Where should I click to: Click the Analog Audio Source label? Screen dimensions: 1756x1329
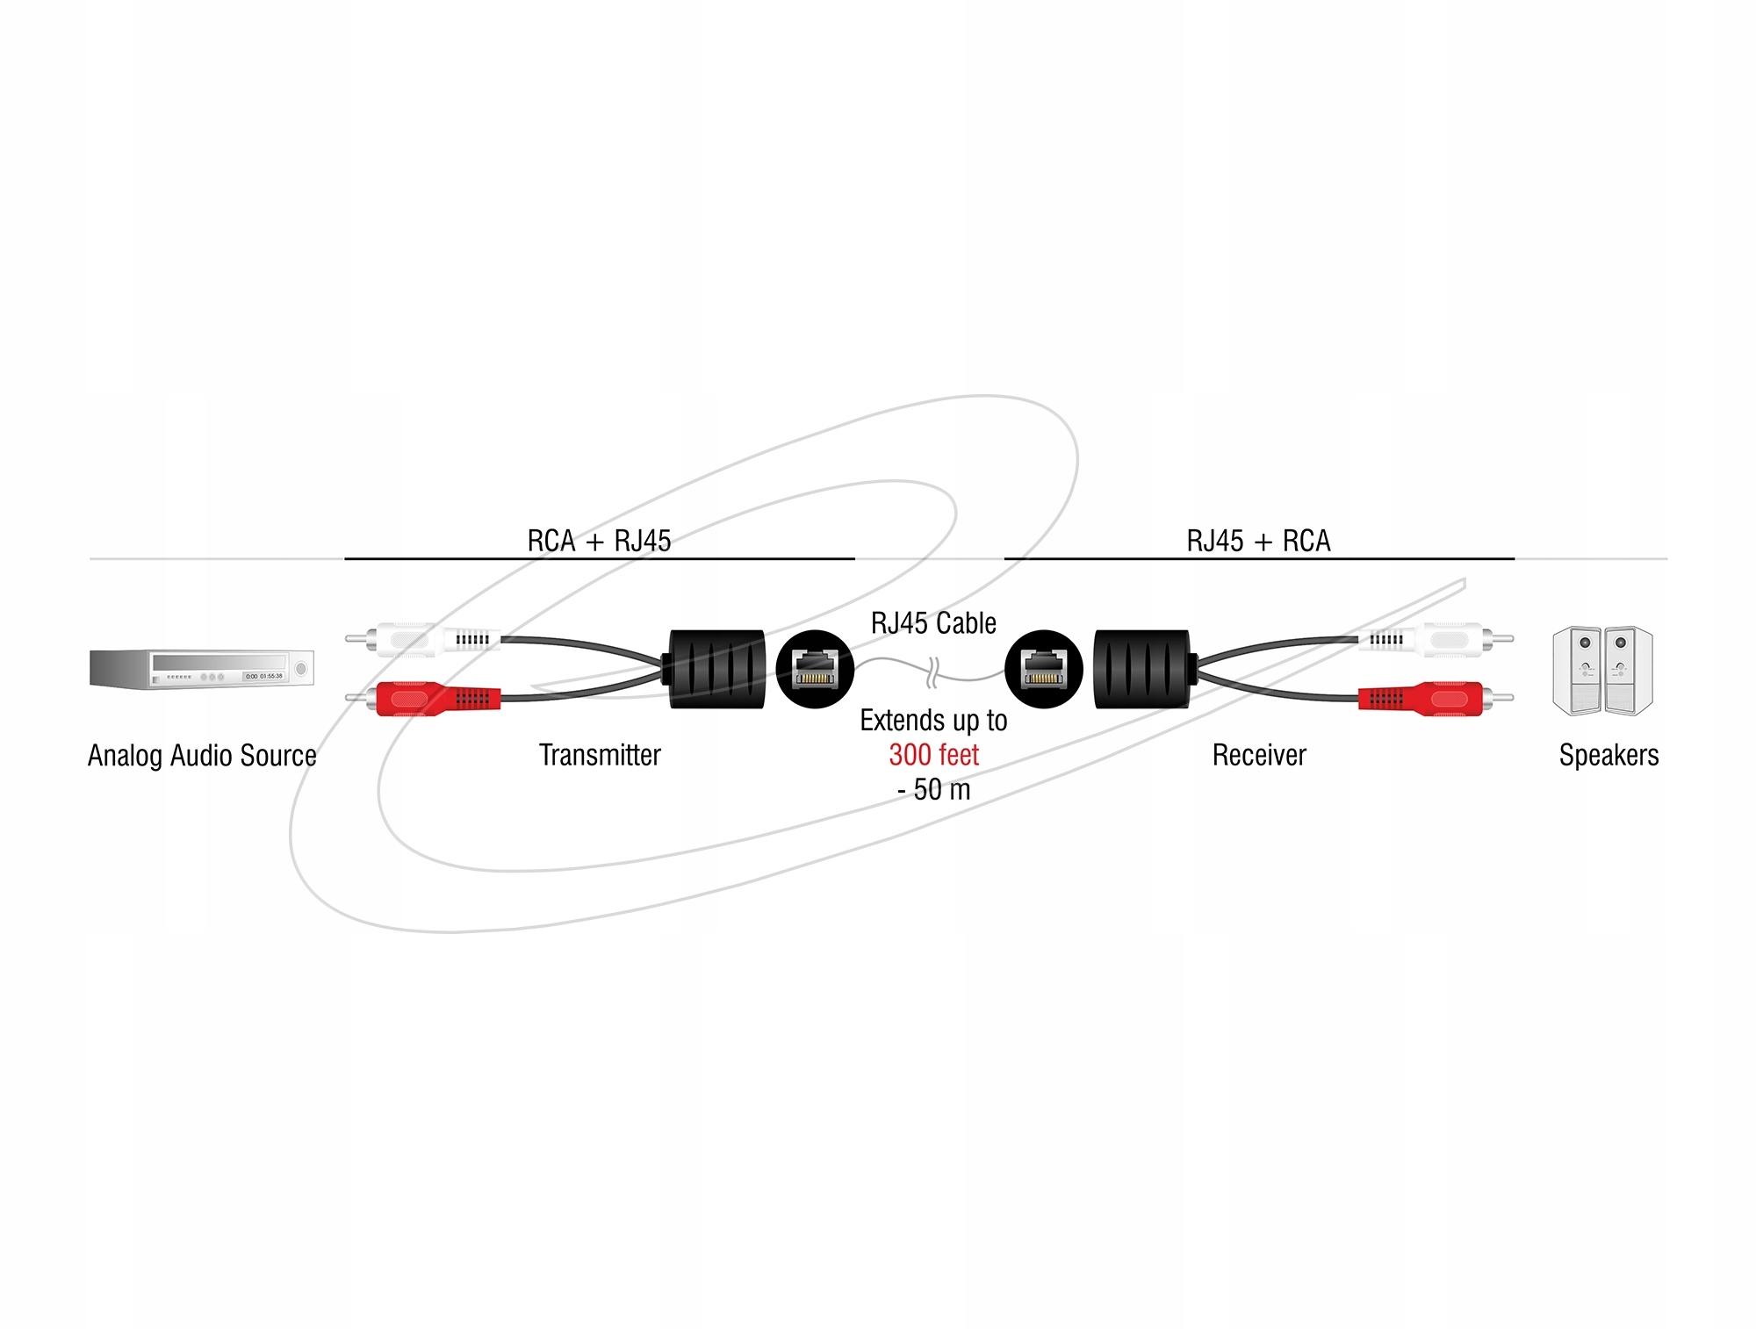(x=202, y=756)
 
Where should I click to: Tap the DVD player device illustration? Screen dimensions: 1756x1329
(x=202, y=670)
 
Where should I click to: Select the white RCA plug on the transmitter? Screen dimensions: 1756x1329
(x=423, y=640)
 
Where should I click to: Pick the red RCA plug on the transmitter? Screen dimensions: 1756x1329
(x=423, y=699)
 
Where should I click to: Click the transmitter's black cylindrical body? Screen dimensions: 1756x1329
(x=716, y=669)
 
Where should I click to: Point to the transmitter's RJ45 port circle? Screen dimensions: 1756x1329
(x=816, y=669)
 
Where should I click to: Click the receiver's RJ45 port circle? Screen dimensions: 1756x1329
(x=1044, y=669)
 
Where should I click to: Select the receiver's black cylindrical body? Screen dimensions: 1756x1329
(x=1144, y=669)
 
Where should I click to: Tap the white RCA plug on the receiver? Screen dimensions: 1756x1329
(x=1436, y=640)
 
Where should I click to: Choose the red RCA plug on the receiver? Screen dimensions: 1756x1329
(x=1436, y=699)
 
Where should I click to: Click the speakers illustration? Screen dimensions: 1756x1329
(x=1602, y=670)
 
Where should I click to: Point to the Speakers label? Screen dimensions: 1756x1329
(x=1608, y=756)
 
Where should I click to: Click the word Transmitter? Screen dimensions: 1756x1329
(x=600, y=755)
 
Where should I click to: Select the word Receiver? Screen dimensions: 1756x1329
(x=1259, y=755)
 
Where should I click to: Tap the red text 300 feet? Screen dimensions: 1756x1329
(x=933, y=755)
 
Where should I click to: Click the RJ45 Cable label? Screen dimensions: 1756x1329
(x=933, y=623)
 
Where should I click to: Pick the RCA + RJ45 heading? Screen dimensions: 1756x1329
(x=599, y=541)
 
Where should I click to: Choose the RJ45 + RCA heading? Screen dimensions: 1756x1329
(x=1258, y=541)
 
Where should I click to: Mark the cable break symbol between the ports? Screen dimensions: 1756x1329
(x=932, y=672)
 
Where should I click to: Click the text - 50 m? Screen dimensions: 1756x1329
(x=933, y=790)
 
